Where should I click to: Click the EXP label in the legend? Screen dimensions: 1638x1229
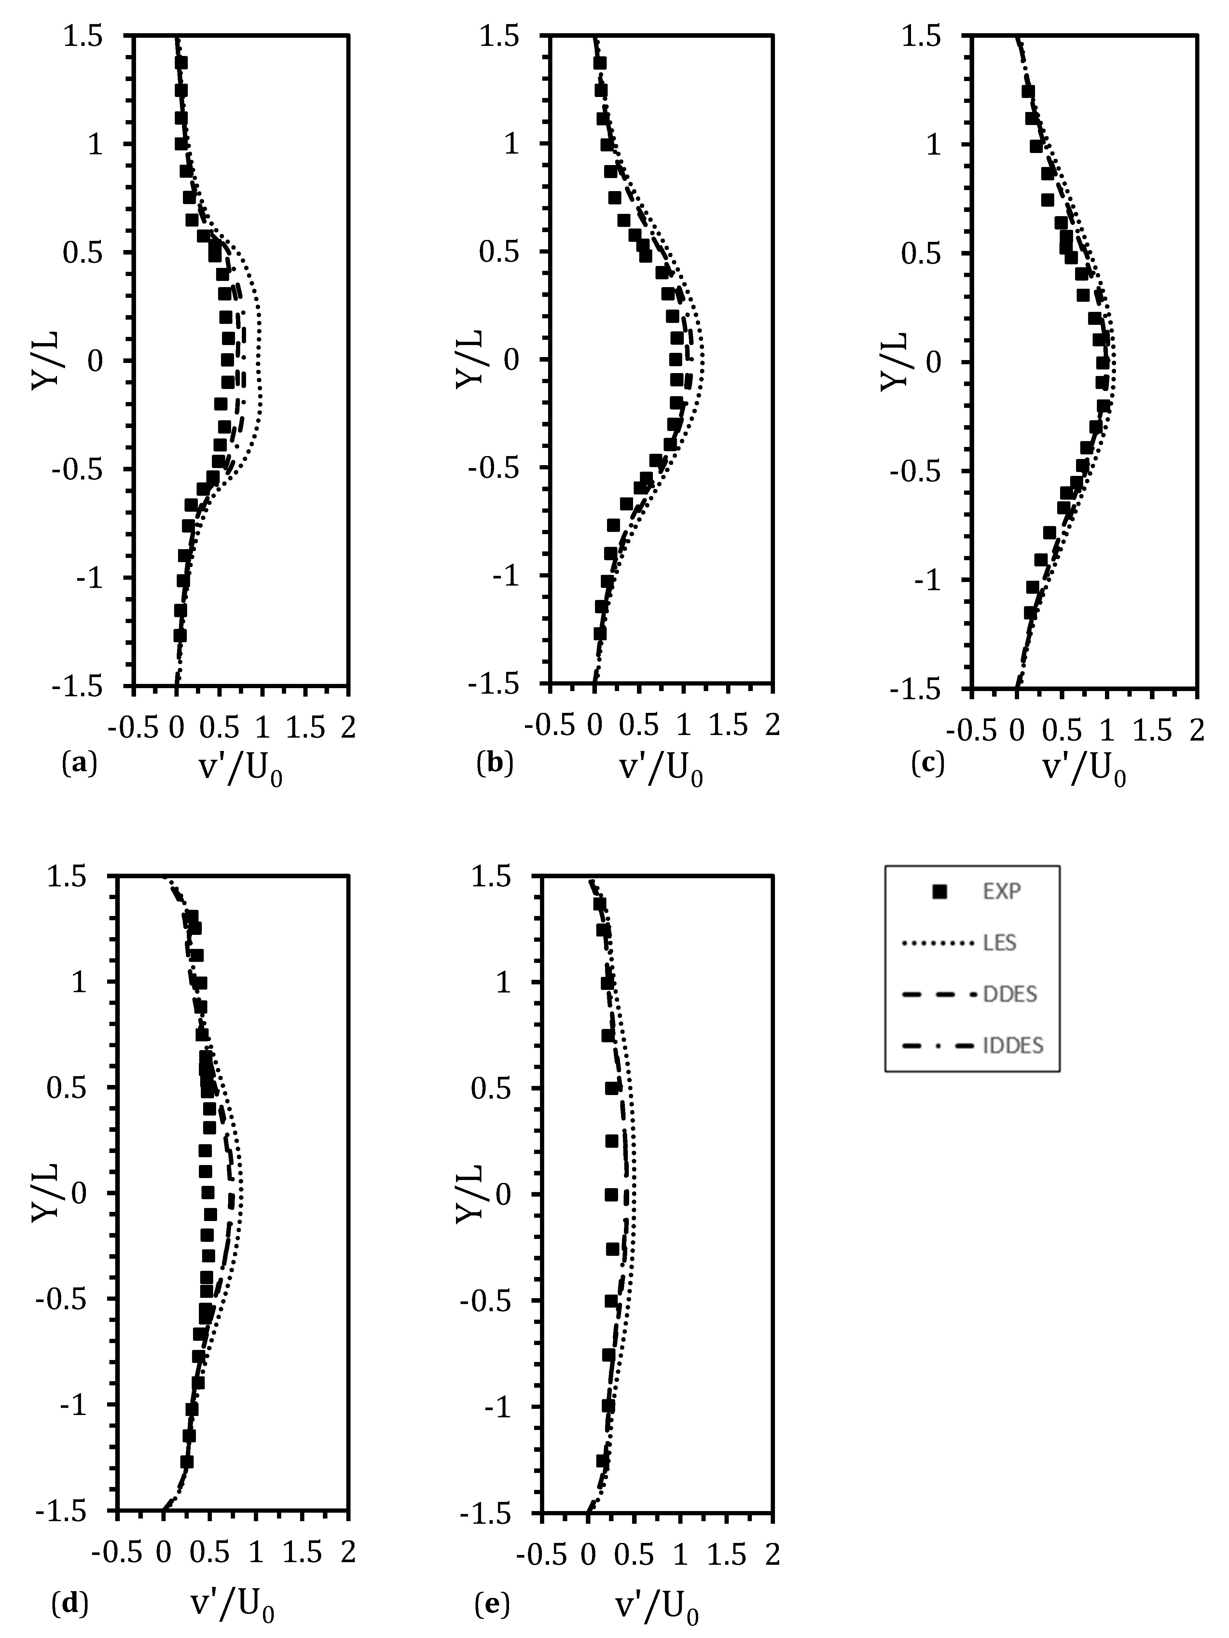pos(1002,892)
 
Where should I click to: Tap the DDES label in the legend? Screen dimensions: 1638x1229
pos(1010,994)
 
